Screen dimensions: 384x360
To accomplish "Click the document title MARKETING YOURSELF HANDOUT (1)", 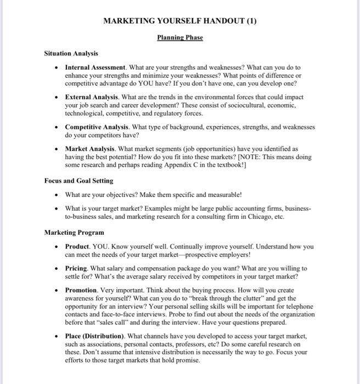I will click(x=180, y=21).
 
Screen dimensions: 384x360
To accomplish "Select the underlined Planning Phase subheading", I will click(x=180, y=37).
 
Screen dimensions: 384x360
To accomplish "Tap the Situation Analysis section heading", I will click(x=71, y=53).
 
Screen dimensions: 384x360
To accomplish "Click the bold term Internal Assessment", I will click(x=96, y=67).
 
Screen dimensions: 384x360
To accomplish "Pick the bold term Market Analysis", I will click(x=89, y=149).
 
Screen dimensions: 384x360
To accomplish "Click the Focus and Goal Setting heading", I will click(x=78, y=180).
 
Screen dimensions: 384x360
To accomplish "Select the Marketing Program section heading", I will click(x=74, y=232).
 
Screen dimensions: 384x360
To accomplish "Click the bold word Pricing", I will click(x=76, y=268).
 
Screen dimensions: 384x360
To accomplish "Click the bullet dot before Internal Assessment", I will click(x=57, y=68).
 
